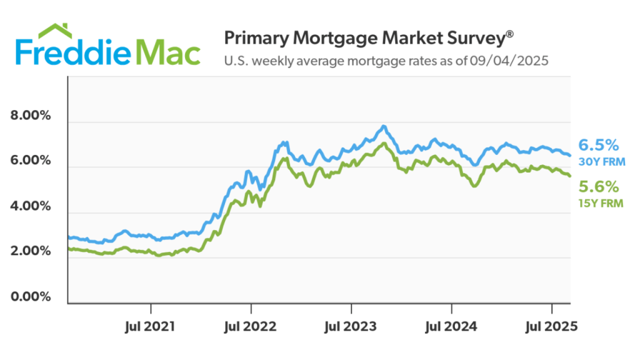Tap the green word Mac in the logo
pyautogui.click(x=168, y=53)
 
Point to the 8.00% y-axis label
pyautogui.click(x=32, y=116)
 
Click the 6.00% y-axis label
pyautogui.click(x=32, y=161)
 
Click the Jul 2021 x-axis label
pyautogui.click(x=151, y=326)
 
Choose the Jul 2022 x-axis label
pyautogui.click(x=251, y=326)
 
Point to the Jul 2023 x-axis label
pyautogui.click(x=351, y=326)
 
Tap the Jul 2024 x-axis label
pyautogui.click(x=451, y=326)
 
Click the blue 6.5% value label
pyautogui.click(x=598, y=145)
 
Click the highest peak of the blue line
pyautogui.click(x=383, y=126)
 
